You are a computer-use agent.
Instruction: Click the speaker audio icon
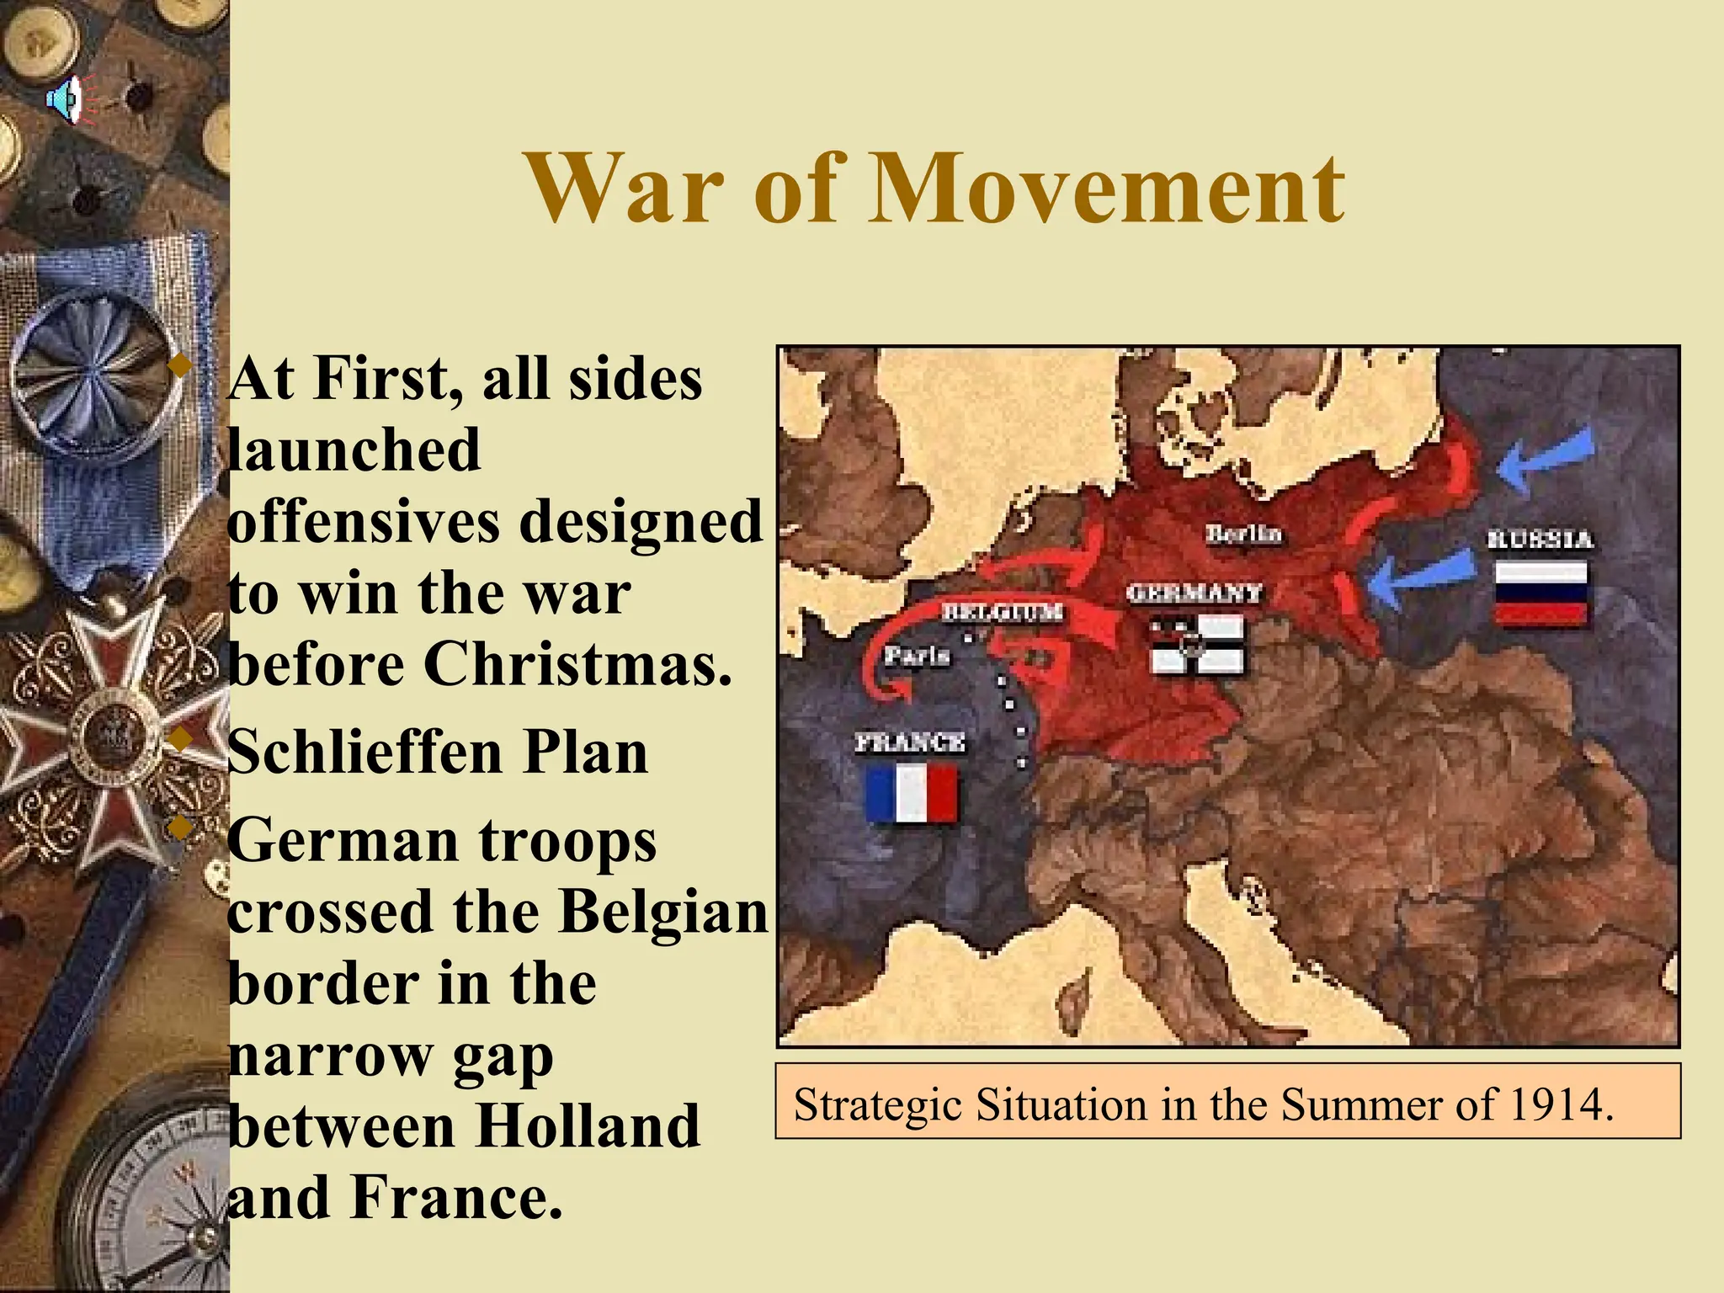(x=66, y=100)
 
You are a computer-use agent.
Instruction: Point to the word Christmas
(x=577, y=664)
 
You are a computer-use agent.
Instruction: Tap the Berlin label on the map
(x=1242, y=534)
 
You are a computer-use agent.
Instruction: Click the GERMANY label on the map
(x=1194, y=593)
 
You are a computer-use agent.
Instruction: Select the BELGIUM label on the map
(x=1002, y=612)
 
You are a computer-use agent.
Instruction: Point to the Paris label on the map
(x=917, y=655)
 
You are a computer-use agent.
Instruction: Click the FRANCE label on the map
(x=910, y=742)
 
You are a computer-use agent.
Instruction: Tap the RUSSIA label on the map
(x=1540, y=539)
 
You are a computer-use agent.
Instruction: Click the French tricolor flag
(x=912, y=793)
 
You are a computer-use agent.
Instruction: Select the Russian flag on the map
(x=1540, y=593)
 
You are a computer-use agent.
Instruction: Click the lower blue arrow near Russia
(x=1414, y=580)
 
